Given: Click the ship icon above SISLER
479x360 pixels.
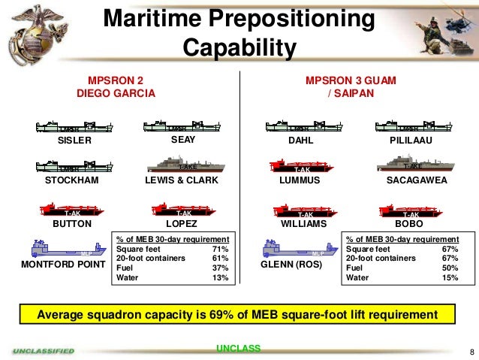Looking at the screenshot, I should tap(70, 127).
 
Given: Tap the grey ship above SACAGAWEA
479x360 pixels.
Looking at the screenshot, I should tap(406, 165).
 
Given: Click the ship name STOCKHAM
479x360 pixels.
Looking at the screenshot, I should tap(72, 181).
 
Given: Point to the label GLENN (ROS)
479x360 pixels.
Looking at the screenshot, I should tap(291, 265).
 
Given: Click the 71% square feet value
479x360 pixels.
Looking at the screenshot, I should tap(220, 249).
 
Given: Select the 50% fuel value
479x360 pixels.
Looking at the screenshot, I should tap(448, 268).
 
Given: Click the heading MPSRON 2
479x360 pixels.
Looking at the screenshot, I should tap(116, 80).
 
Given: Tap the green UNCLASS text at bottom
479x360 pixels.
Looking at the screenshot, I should tap(238, 348).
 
